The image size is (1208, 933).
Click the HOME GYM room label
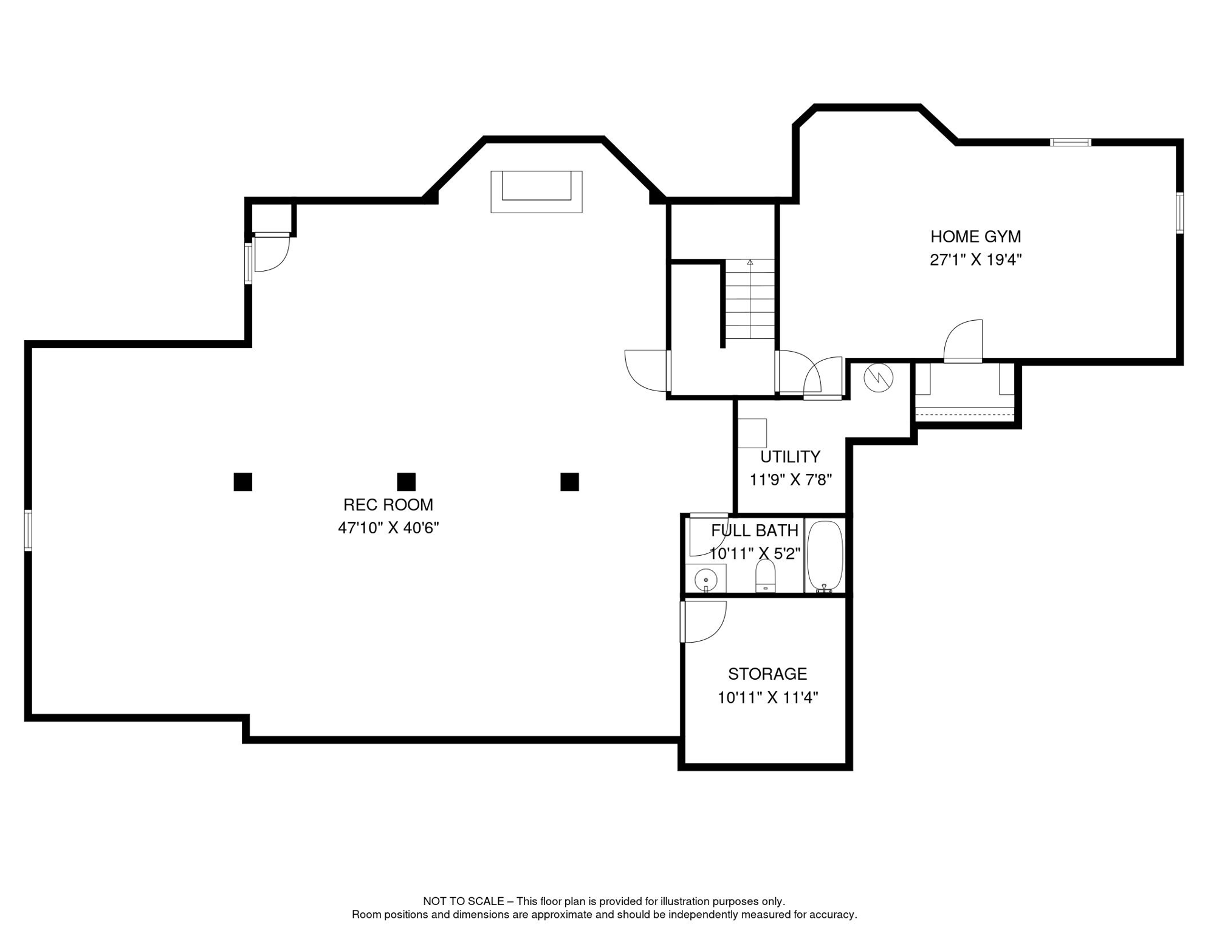click(975, 237)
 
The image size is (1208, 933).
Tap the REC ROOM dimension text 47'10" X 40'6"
click(388, 528)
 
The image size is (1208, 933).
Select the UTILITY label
click(790, 456)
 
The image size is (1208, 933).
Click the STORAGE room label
click(767, 674)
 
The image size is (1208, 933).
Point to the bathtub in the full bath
click(825, 556)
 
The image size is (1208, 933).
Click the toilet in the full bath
click(765, 575)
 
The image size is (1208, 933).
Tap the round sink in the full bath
click(705, 579)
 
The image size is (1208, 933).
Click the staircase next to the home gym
click(750, 299)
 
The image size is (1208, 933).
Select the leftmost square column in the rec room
click(243, 482)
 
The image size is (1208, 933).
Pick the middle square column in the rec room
click(406, 482)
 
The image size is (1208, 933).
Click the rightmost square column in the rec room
click(569, 482)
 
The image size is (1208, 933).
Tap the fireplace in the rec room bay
click(536, 191)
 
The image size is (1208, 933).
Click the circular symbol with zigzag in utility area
click(878, 378)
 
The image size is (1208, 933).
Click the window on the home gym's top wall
click(1071, 143)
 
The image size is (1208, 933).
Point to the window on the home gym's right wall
click(1179, 213)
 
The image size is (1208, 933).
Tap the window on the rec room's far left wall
click(28, 530)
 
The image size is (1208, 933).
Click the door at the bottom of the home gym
click(963, 342)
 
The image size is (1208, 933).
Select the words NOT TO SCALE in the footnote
click(463, 901)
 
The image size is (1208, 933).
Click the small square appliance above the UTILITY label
click(752, 432)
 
